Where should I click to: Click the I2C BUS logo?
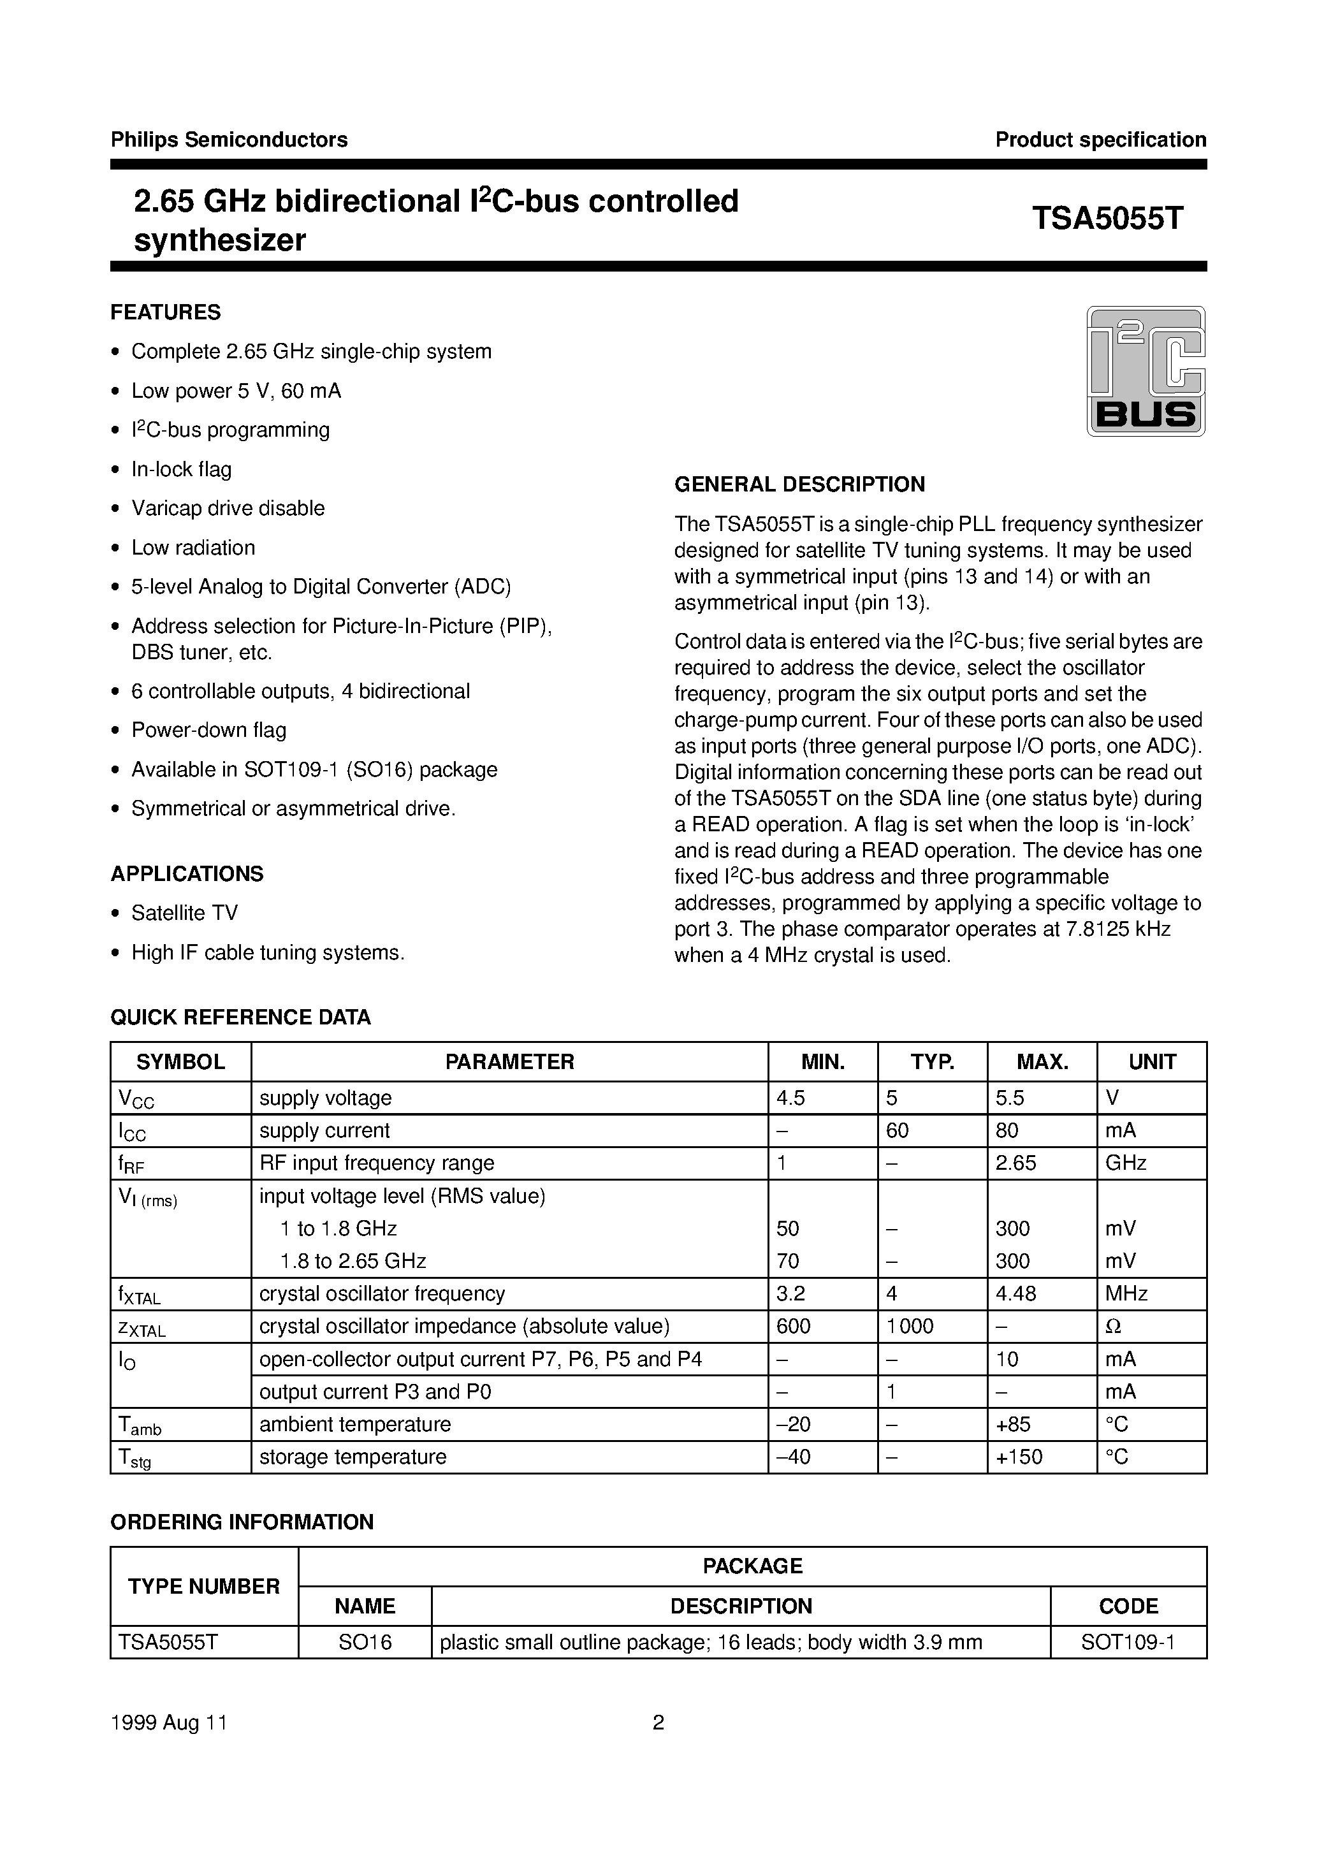tap(1145, 371)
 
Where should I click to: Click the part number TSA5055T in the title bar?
tap(1107, 219)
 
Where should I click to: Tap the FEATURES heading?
tap(166, 312)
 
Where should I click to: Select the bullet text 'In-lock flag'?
tap(181, 469)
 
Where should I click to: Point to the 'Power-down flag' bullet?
tap(208, 730)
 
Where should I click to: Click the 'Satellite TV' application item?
tap(184, 914)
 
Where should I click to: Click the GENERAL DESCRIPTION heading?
tap(799, 484)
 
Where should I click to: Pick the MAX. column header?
tap(1042, 1062)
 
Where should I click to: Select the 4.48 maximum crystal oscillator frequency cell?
tap(1015, 1293)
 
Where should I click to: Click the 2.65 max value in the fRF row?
tap(1015, 1163)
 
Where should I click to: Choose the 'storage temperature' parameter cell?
tap(353, 1457)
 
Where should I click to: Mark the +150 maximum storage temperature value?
tap(1019, 1457)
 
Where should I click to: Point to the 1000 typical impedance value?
tap(910, 1327)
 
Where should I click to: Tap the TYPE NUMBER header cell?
tap(204, 1586)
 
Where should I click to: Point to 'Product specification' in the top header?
tap(1100, 140)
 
